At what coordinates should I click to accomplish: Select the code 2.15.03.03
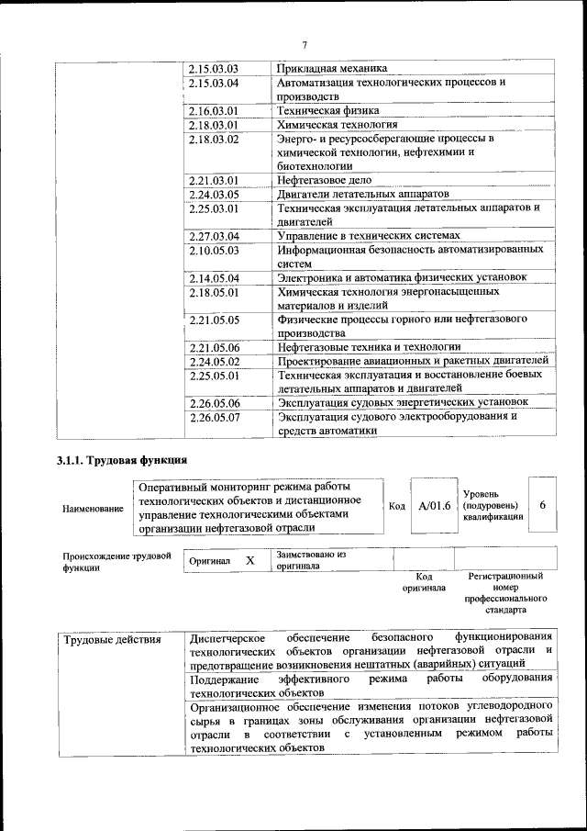pos(214,69)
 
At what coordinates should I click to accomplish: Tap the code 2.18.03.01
pos(214,124)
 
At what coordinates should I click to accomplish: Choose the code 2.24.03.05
pos(214,194)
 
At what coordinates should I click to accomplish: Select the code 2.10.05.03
pos(214,250)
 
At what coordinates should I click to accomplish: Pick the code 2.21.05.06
pos(214,347)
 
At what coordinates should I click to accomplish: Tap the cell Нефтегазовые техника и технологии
pos(370,347)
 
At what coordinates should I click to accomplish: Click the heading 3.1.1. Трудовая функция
pos(123,460)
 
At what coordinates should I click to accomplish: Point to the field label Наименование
pos(93,508)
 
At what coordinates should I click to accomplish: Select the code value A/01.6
pos(434,506)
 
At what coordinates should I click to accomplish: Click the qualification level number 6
pos(543,505)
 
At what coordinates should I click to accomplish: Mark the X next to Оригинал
pos(249,559)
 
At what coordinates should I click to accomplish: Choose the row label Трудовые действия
pos(112,638)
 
